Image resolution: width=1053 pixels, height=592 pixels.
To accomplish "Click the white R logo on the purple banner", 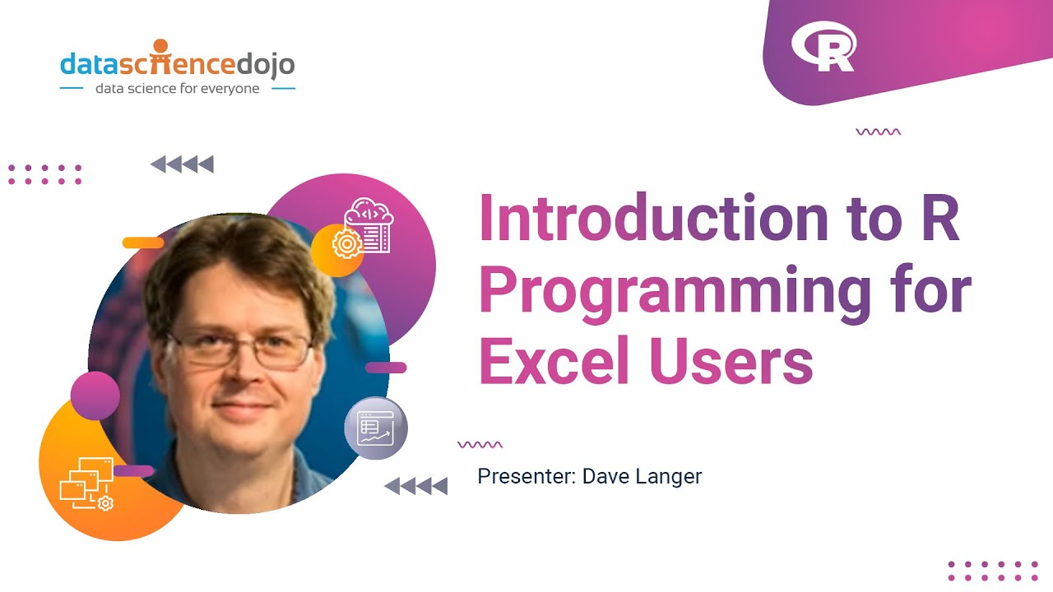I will (823, 48).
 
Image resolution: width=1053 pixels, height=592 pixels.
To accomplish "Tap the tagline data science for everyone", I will (177, 88).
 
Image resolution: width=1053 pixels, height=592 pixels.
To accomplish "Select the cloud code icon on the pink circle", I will (369, 221).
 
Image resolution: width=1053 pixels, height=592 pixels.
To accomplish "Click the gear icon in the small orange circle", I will (346, 243).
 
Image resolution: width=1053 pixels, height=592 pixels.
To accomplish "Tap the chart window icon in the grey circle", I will (376, 428).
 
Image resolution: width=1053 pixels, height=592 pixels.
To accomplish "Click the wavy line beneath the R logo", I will (878, 132).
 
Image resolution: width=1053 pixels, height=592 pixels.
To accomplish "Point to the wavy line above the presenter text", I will (480, 445).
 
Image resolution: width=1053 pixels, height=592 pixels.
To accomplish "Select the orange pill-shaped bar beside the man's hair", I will (142, 243).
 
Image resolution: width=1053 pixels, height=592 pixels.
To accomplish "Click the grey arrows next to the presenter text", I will (416, 486).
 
